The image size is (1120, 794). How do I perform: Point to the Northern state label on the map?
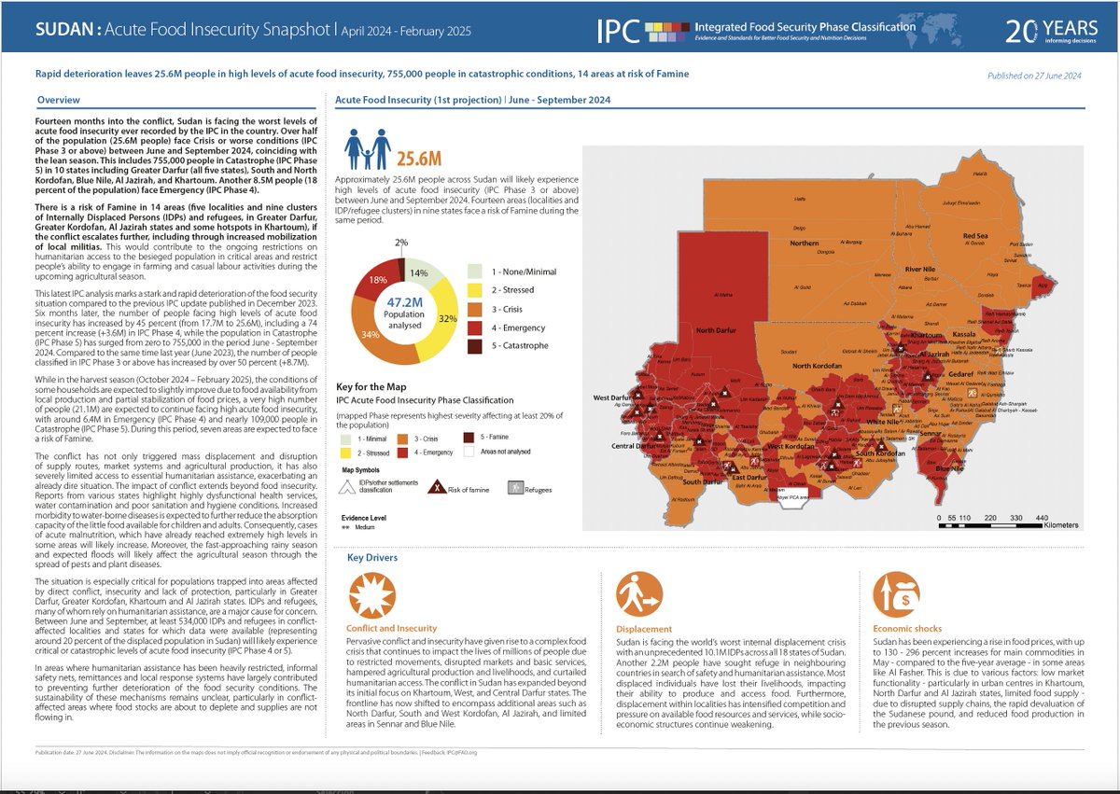point(804,243)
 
